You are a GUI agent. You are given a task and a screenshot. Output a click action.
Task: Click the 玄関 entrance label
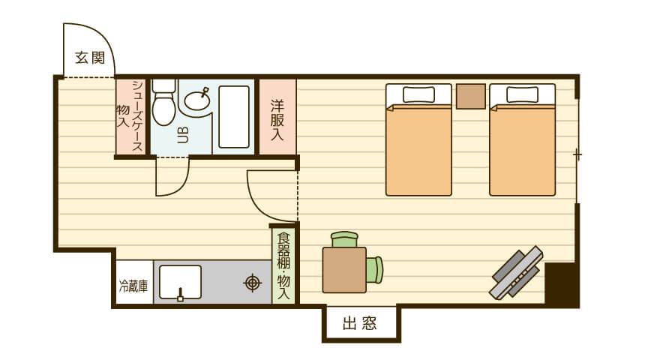(x=90, y=58)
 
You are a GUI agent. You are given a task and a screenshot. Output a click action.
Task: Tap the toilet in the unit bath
(x=163, y=103)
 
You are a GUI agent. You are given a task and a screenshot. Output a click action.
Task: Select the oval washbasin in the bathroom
(x=197, y=100)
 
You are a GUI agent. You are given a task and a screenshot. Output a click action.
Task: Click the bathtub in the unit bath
(x=234, y=117)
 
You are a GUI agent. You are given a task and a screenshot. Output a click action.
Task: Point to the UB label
(x=183, y=135)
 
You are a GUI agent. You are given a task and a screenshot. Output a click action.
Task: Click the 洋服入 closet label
(x=277, y=120)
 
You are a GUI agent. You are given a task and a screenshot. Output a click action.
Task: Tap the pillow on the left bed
(x=418, y=94)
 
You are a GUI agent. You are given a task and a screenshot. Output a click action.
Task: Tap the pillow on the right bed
(x=523, y=94)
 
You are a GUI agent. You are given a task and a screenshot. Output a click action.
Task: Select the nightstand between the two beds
(x=470, y=96)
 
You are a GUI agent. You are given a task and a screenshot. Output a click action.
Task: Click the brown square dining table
(x=344, y=270)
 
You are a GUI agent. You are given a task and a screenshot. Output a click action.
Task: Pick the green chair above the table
(x=345, y=239)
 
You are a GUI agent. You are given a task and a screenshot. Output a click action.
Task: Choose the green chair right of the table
(x=375, y=270)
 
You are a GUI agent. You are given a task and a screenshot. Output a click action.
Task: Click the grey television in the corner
(x=516, y=272)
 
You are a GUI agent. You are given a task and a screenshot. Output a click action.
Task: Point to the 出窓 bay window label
(x=359, y=323)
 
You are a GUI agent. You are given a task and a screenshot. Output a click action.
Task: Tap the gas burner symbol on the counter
(x=253, y=283)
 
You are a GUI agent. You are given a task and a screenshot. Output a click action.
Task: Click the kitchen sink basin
(x=180, y=282)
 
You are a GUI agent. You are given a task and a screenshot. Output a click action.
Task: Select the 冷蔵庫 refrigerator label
(x=133, y=286)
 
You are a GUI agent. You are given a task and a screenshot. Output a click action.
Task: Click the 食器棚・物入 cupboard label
(x=283, y=266)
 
